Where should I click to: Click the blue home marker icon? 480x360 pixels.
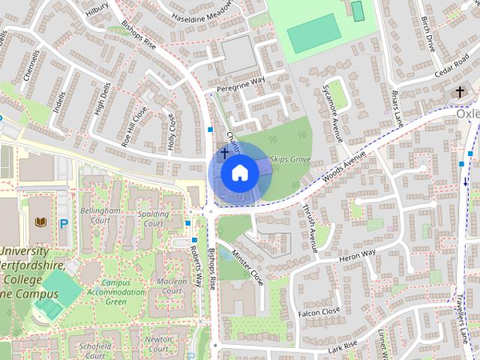239,173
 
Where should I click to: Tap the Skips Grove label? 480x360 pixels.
290,160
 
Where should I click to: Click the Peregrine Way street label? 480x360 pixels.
241,84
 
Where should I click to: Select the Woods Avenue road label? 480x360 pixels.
343,166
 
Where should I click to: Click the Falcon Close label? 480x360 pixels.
319,310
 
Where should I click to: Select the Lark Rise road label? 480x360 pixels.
345,347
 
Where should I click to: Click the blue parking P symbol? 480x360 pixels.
63,223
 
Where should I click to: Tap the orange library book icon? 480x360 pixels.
40,222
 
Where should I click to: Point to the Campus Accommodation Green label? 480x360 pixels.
115,292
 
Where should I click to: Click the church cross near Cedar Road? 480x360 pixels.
460,92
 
